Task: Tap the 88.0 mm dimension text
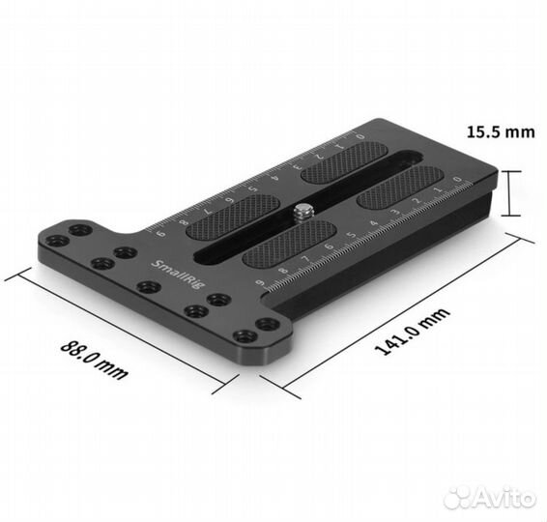[x=95, y=359]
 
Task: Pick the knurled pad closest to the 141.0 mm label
[x=288, y=246]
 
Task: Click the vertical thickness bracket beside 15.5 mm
[x=509, y=191]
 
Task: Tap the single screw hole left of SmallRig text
[x=123, y=252]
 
